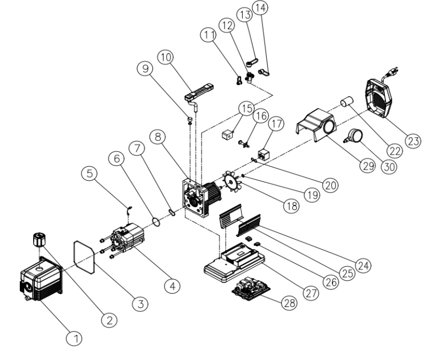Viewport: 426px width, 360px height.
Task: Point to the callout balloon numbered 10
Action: (x=164, y=57)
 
